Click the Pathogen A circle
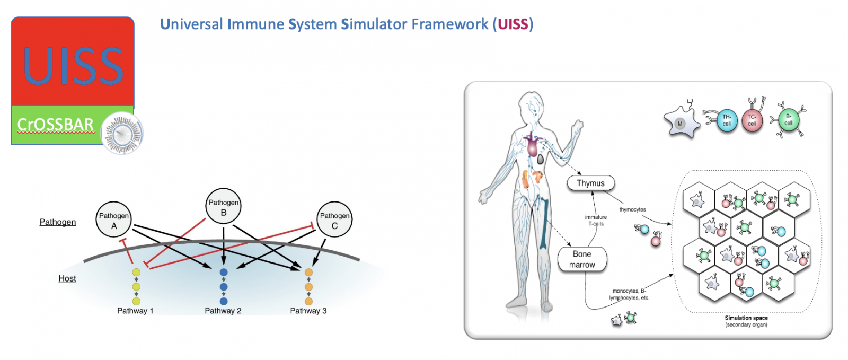tap(113, 219)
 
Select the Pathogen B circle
tap(224, 206)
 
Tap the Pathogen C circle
tap(334, 219)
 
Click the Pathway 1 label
tap(135, 311)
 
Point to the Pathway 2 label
tap(223, 311)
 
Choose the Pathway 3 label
tap(308, 311)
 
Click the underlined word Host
tap(67, 278)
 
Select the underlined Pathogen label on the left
tap(58, 222)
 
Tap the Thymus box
tap(590, 183)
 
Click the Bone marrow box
tap(582, 259)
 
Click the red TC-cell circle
tap(752, 120)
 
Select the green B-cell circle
tap(788, 120)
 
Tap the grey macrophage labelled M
tap(680, 124)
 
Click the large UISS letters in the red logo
tap(73, 66)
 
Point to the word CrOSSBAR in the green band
tap(55, 125)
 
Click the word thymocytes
tap(632, 209)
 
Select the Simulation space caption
tap(746, 318)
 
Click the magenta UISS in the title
tap(513, 24)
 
